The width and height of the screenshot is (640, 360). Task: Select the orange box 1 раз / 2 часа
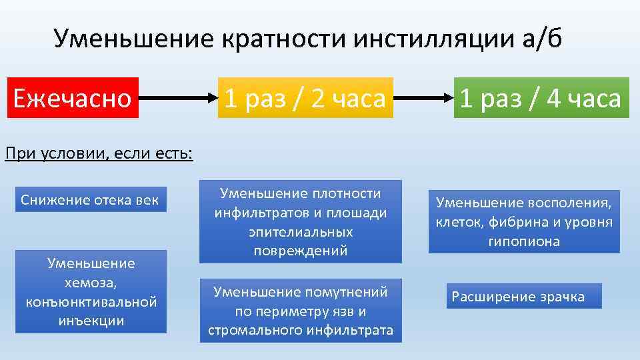pyautogui.click(x=305, y=99)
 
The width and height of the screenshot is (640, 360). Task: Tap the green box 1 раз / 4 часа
pyautogui.click(x=541, y=99)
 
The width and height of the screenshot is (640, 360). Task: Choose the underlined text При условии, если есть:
pyautogui.click(x=99, y=155)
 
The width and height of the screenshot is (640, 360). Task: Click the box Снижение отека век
pyautogui.click(x=91, y=199)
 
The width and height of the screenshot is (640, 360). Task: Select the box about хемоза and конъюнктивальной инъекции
pyautogui.click(x=91, y=291)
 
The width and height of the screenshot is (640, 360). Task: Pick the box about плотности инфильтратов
pyautogui.click(x=301, y=221)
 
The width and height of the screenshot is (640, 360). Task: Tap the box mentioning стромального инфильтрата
pyautogui.click(x=301, y=311)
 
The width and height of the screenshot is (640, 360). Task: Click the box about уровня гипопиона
pyautogui.click(x=524, y=222)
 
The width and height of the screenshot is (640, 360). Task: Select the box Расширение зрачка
pyautogui.click(x=523, y=296)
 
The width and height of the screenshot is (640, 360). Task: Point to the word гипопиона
pyautogui.click(x=524, y=241)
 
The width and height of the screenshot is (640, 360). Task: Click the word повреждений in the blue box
pyautogui.click(x=301, y=251)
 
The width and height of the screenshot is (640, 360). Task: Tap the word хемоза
pyautogui.click(x=91, y=283)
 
